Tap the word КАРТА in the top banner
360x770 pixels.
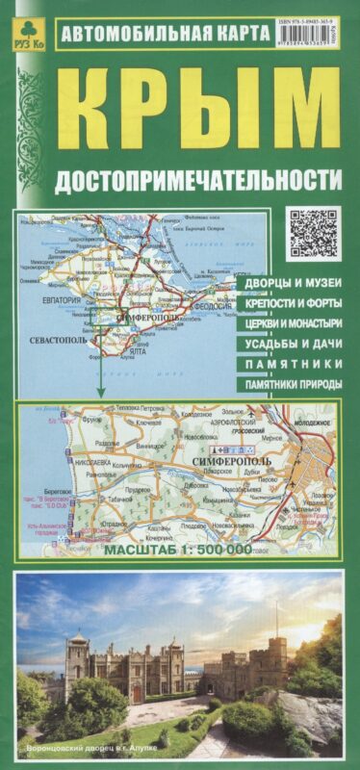coord(234,32)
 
